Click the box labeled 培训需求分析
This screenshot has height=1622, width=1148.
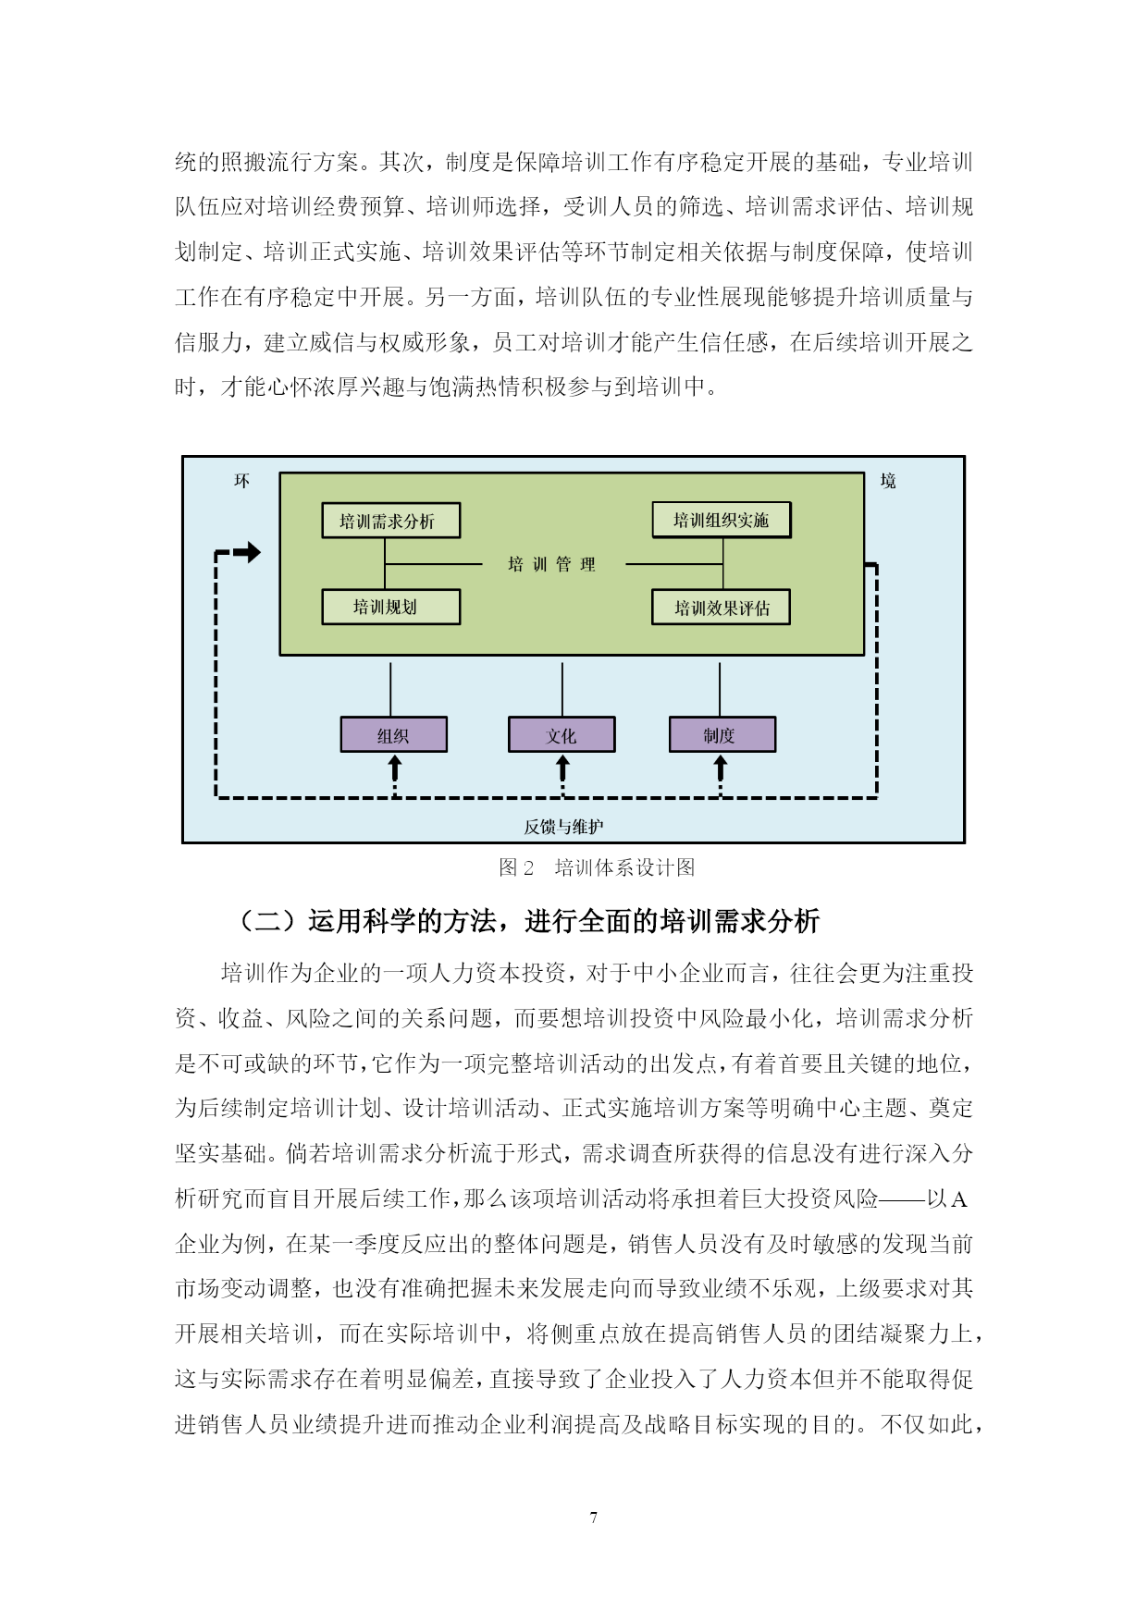[x=390, y=521]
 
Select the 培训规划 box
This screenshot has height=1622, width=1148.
[x=390, y=607]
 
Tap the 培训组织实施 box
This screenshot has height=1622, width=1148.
[x=722, y=520]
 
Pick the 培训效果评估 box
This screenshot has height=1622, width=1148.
[x=722, y=608]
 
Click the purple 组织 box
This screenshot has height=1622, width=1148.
[x=394, y=735]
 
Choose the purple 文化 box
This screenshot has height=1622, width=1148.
[x=562, y=735]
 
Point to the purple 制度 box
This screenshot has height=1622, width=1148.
[x=722, y=735]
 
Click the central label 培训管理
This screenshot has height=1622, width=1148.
[x=552, y=564]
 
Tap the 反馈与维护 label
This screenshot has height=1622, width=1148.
[x=563, y=826]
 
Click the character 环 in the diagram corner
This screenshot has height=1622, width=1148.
[x=242, y=481]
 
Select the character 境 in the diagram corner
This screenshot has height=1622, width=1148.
[x=888, y=481]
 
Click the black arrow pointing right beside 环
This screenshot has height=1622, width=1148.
[x=246, y=553]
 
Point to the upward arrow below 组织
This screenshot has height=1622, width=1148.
[x=395, y=768]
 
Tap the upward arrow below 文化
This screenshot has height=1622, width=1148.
[x=562, y=768]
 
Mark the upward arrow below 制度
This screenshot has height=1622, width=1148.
[x=721, y=768]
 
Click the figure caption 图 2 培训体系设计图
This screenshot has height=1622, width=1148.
[x=597, y=867]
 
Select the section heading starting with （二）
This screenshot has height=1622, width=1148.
[x=529, y=921]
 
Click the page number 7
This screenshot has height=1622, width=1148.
[x=593, y=1517]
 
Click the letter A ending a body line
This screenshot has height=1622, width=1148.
[x=959, y=1199]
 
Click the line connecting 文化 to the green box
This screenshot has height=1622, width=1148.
[x=562, y=689]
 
